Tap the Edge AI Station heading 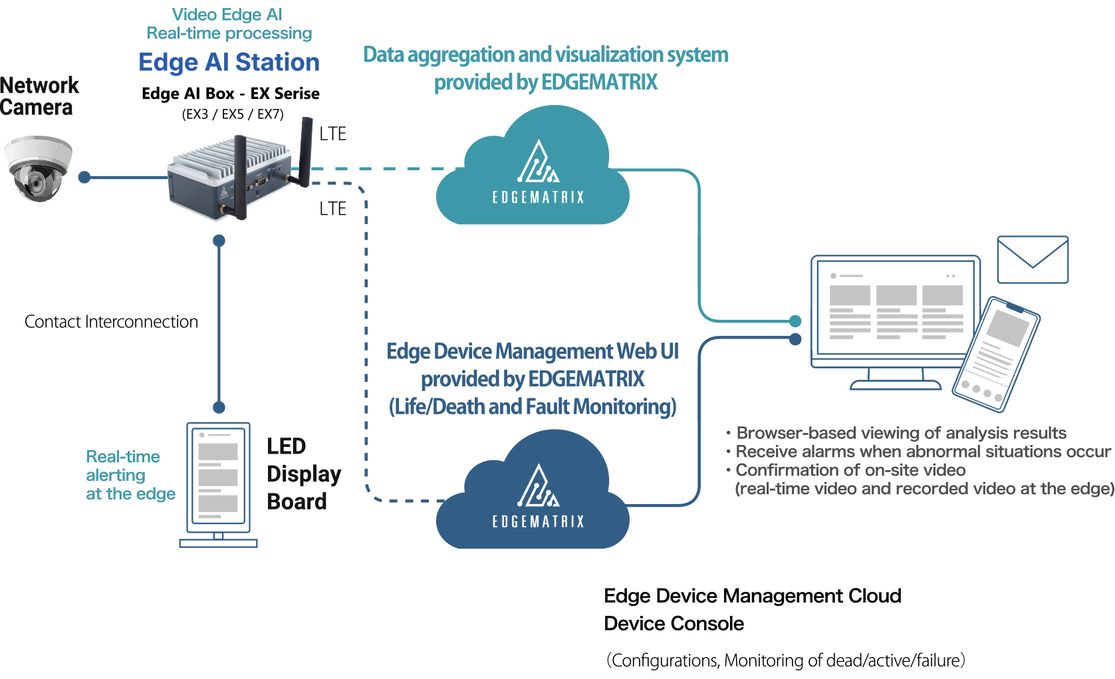pyautogui.click(x=229, y=62)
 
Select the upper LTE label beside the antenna pyautogui.click(x=332, y=134)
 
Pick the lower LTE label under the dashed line pyautogui.click(x=332, y=209)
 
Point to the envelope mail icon pyautogui.click(x=1033, y=259)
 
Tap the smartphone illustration pyautogui.click(x=995, y=354)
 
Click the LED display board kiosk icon pyautogui.click(x=218, y=484)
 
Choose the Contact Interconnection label pyautogui.click(x=111, y=322)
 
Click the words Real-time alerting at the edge pyautogui.click(x=130, y=475)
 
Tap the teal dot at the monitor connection pyautogui.click(x=795, y=321)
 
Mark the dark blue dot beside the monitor pyautogui.click(x=795, y=339)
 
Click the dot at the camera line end pyautogui.click(x=84, y=177)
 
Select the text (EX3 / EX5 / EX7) pyautogui.click(x=233, y=114)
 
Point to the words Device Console pyautogui.click(x=674, y=624)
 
